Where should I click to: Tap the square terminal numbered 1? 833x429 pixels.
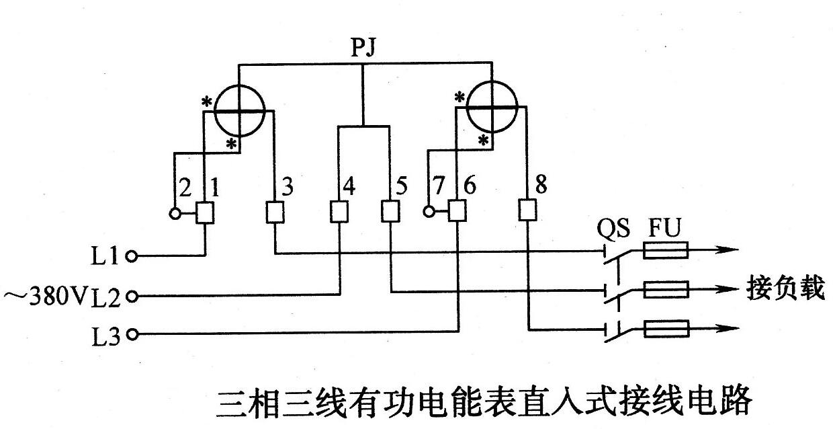point(204,213)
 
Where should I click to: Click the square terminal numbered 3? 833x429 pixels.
point(275,213)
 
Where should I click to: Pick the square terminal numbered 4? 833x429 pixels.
point(339,212)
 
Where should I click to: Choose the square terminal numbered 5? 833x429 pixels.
point(390,212)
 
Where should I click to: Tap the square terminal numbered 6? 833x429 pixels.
point(457,212)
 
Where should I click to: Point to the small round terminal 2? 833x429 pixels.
point(174,213)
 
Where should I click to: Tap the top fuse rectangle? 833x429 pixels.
point(665,252)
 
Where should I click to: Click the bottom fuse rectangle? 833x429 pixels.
point(665,329)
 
